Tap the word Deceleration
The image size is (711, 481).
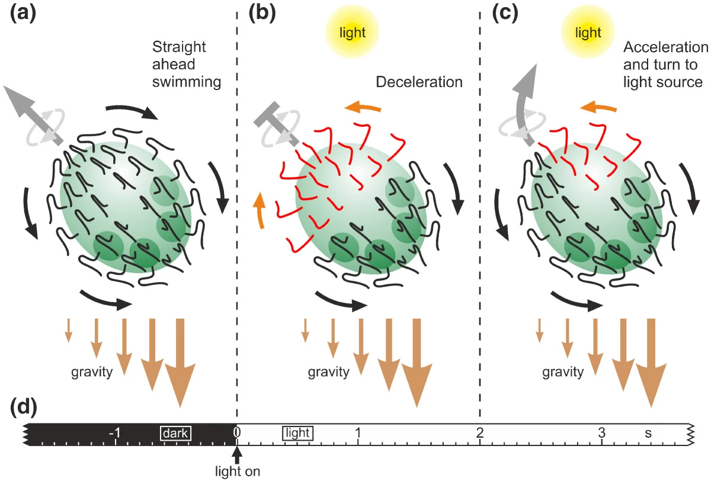[419, 82]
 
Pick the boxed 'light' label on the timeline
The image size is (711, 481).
[297, 434]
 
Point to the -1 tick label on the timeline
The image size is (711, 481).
[116, 433]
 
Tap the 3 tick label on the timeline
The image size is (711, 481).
[602, 433]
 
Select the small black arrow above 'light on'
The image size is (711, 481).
[237, 455]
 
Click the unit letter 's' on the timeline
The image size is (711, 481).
[649, 433]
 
